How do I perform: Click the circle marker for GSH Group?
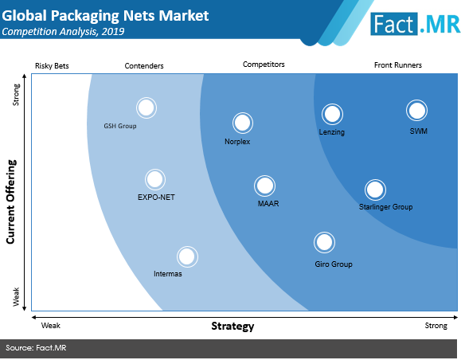[147, 108]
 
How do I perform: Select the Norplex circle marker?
[243, 123]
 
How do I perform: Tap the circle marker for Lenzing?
[332, 114]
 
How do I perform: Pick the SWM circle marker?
[416, 111]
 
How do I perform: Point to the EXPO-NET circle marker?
[155, 179]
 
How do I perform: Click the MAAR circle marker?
[264, 186]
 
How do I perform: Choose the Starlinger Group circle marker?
[375, 190]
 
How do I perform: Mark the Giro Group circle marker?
[324, 242]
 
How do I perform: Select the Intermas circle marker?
[187, 256]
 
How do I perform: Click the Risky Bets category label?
[52, 66]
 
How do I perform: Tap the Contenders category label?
[144, 66]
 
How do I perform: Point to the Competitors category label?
[264, 65]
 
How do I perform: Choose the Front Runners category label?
[398, 65]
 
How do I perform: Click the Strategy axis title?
[232, 327]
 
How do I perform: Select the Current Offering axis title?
[10, 202]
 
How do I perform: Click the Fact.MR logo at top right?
[415, 24]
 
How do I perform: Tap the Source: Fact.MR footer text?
[36, 348]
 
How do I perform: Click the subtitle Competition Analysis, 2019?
[63, 32]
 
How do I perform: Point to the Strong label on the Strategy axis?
[436, 326]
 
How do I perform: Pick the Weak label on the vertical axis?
[16, 297]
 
